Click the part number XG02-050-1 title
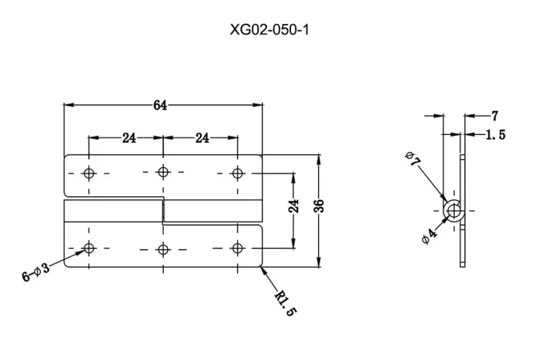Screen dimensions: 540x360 point(269,30)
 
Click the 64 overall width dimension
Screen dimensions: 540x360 point(160,105)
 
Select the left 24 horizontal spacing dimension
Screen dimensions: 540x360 point(129,138)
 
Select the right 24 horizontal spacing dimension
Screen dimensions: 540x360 point(202,138)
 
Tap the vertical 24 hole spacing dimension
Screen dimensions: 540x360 point(294,206)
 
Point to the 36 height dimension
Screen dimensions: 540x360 point(319,206)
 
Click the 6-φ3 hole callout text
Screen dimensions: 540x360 point(36,272)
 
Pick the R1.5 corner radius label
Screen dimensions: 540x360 point(285,304)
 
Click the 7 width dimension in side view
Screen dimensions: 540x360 point(495,116)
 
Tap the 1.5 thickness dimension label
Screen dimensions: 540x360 point(496,135)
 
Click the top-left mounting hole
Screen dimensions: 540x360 point(89,173)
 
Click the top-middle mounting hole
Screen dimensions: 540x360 point(163,172)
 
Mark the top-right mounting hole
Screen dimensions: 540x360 point(237,173)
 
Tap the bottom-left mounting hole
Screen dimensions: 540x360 point(89,247)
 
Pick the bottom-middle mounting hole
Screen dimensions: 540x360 point(163,249)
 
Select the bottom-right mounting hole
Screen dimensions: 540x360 point(237,247)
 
